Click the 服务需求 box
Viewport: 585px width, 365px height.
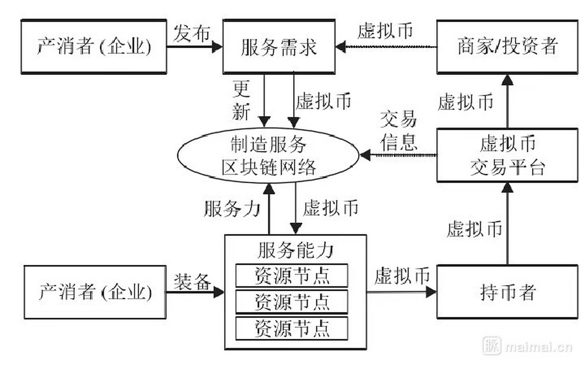coord(279,47)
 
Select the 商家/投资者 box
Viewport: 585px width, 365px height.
coord(507,47)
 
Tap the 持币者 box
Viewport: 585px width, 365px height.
coord(507,292)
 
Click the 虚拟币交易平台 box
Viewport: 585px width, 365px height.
coord(507,155)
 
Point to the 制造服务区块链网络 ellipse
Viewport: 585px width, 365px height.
coord(268,156)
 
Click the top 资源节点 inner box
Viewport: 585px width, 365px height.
coord(292,275)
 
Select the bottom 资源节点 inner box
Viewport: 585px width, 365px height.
coord(292,328)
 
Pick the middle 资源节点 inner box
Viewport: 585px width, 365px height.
coord(292,302)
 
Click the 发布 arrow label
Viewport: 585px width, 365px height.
coord(191,33)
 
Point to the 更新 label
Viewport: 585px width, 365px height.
coord(241,100)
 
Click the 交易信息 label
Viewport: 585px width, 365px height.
coord(398,134)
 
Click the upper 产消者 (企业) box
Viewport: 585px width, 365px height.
coord(94,47)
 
